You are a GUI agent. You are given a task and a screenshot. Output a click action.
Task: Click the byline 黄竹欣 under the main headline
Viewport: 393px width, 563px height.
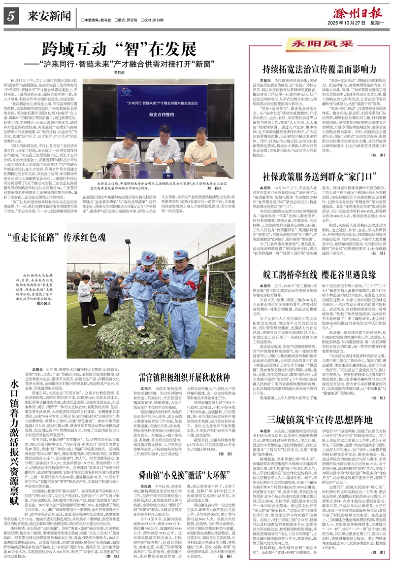point(118,72)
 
